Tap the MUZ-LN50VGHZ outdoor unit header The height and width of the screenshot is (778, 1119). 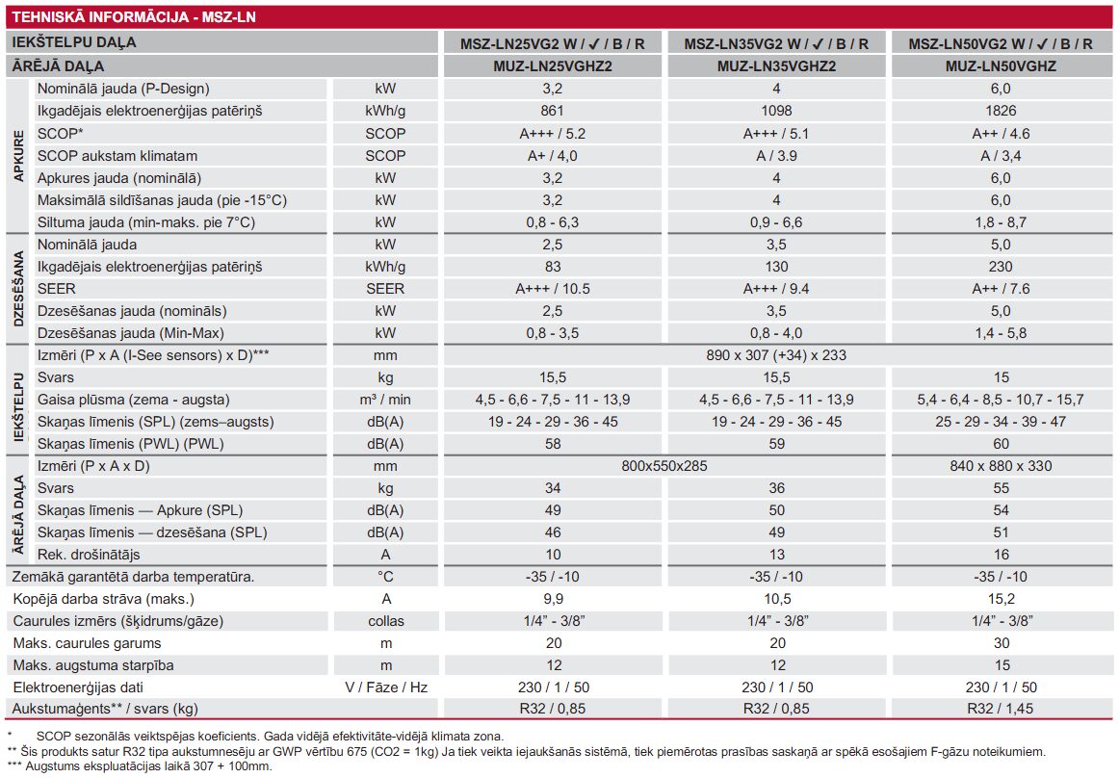point(1001,66)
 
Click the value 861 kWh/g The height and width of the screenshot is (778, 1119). point(552,111)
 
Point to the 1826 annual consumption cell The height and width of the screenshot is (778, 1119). point(1001,111)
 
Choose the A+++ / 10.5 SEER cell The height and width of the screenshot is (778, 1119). point(552,289)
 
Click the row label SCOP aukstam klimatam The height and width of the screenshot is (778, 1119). point(117,155)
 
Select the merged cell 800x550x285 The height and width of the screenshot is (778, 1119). point(664,466)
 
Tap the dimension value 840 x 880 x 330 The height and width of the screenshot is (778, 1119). point(1001,466)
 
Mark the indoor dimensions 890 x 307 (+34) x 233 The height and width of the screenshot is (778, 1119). point(776,355)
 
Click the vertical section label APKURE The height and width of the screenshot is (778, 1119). point(19,155)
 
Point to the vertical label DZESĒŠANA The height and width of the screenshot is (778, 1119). point(19,289)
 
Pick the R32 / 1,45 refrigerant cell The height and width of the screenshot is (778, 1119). point(1001,710)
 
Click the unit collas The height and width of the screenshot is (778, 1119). point(386,621)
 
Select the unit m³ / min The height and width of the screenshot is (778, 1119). point(386,400)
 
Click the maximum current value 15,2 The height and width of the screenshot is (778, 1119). point(1001,599)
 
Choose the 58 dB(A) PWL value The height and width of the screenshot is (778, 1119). point(552,444)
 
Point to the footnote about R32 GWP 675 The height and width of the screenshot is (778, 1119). point(525,751)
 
